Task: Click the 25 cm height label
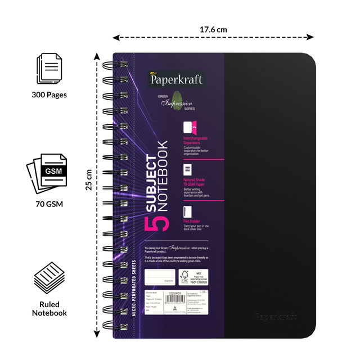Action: click(x=89, y=179)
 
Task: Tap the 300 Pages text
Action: click(x=49, y=94)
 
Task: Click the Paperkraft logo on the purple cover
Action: click(x=176, y=79)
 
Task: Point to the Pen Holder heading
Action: click(x=195, y=222)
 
